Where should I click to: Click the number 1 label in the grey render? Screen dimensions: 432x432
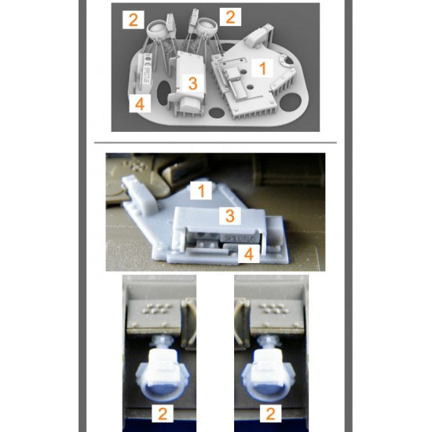[x=262, y=68]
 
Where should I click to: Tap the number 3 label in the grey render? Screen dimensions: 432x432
[x=192, y=83]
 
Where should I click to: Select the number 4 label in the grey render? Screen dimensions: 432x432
[x=140, y=104]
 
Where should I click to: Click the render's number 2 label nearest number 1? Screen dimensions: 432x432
[x=230, y=16]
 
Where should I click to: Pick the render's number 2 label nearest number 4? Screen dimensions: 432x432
[x=134, y=20]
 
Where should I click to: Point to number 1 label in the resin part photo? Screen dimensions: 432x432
[x=201, y=190]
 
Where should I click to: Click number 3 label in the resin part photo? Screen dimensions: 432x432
[x=230, y=215]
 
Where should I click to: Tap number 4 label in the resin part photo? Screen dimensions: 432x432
[x=249, y=254]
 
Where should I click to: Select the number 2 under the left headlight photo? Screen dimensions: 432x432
[x=163, y=413]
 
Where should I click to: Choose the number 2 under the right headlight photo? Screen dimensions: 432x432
[x=270, y=413]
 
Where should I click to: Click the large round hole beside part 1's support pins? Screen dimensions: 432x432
[x=291, y=102]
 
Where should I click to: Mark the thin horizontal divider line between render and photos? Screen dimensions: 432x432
[x=215, y=143]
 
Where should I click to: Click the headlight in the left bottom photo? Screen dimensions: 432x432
[x=163, y=372]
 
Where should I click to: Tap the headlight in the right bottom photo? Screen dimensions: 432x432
[x=269, y=372]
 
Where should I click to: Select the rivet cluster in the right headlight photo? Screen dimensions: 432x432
[x=274, y=309]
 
